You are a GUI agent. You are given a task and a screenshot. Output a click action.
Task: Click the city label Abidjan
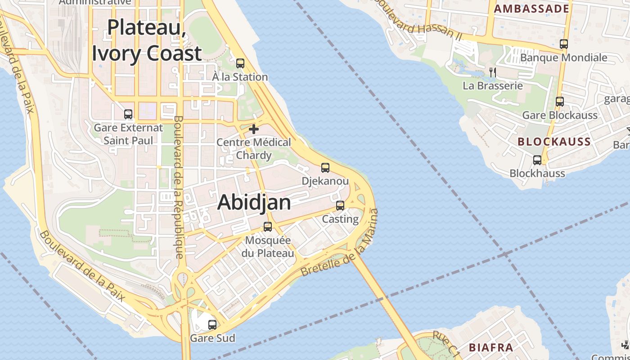254,202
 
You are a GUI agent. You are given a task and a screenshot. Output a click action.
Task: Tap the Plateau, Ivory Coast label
147,40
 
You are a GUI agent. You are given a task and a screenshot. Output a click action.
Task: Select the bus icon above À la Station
240,63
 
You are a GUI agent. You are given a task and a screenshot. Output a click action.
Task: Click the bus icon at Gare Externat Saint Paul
128,114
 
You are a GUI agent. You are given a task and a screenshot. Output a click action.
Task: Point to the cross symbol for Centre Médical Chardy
254,130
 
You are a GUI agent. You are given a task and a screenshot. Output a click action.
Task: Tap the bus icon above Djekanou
325,168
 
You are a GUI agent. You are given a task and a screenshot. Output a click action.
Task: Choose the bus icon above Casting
340,206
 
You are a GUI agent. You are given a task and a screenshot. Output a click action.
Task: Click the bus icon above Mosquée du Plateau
268,227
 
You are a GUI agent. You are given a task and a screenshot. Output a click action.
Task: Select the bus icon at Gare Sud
212,324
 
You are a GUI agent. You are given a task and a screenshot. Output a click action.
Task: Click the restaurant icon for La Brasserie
493,72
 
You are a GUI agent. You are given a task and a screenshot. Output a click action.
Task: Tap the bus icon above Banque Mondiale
564,44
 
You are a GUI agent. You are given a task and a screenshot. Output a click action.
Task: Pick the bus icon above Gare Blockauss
560,102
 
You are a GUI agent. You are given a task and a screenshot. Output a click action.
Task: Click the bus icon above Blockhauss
537,160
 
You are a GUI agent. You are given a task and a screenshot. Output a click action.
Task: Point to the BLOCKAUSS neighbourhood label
554,142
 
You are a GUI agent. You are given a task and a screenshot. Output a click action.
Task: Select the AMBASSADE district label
531,9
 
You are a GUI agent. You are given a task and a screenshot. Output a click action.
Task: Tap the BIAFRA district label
491,347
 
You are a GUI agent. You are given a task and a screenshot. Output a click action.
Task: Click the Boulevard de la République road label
178,187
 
